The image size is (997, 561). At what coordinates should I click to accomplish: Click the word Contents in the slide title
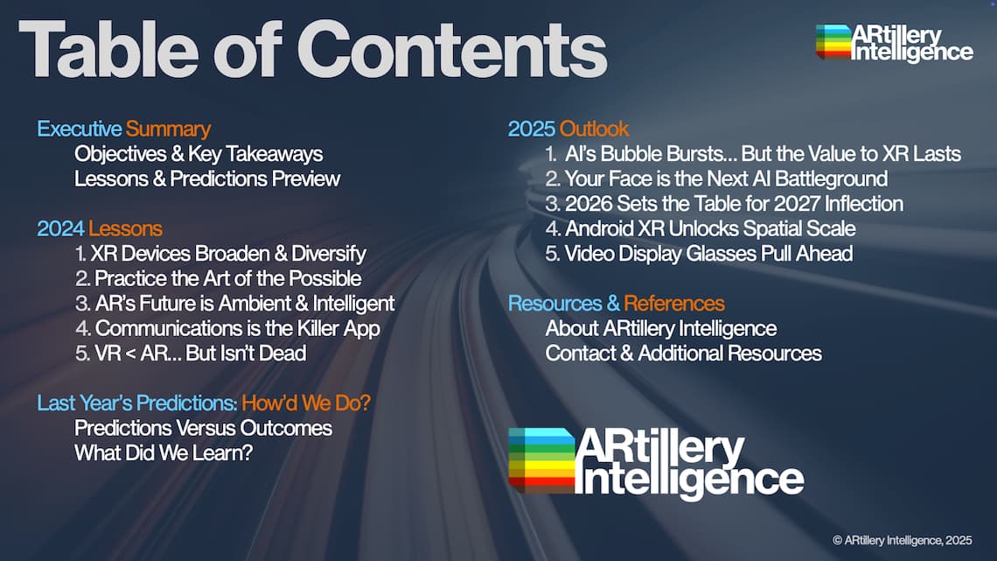451,50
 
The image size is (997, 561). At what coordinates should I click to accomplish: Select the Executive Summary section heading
124,130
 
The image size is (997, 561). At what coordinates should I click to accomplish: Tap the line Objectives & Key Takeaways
199,154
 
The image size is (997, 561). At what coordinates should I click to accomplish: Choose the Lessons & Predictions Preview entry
207,179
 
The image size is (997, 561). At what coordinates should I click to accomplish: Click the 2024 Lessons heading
100,228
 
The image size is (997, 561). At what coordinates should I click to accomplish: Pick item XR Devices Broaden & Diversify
220,254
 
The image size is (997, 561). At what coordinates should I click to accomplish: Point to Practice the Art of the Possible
218,278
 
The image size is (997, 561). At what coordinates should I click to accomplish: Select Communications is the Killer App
227,329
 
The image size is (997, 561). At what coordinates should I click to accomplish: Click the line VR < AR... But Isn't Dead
191,353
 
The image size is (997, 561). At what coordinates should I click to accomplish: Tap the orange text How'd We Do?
306,403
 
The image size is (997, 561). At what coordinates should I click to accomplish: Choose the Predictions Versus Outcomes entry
204,428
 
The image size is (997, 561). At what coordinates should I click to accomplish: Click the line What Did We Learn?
164,452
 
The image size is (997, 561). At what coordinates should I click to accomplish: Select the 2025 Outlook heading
568,130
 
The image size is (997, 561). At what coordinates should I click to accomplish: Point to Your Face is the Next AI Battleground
716,179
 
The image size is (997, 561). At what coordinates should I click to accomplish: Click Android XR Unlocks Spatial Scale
701,228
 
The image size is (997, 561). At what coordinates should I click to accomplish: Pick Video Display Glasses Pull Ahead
700,254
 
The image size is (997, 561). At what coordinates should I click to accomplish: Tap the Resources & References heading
617,304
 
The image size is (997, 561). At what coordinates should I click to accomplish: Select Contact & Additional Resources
684,353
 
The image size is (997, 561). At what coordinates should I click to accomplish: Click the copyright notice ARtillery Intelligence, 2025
903,540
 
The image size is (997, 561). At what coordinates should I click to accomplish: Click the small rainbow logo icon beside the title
833,42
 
